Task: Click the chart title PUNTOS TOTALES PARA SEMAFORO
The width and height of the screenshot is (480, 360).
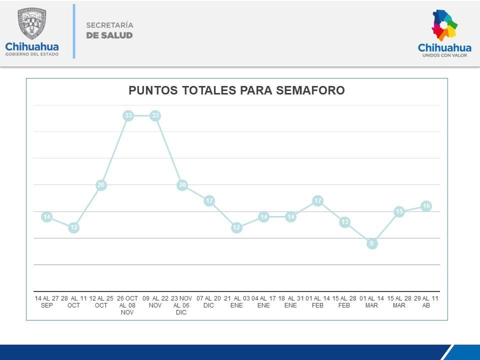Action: (236, 90)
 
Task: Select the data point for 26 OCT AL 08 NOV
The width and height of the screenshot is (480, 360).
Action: (128, 115)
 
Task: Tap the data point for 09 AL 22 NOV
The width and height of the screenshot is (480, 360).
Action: (155, 115)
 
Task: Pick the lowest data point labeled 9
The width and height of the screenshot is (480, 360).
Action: (371, 243)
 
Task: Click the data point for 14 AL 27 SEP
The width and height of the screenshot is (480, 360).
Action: (47, 217)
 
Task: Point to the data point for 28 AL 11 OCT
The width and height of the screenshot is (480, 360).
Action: (74, 227)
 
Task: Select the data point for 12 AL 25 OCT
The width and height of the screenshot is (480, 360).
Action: (101, 185)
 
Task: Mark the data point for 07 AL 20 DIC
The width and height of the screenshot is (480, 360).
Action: (209, 201)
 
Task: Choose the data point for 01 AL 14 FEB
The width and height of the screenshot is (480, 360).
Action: (317, 201)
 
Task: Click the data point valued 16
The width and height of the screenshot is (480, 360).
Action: (426, 206)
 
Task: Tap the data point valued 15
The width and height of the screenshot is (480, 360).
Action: (399, 211)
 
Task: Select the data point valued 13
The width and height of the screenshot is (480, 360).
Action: (344, 222)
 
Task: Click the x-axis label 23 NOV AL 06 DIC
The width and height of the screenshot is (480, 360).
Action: (181, 305)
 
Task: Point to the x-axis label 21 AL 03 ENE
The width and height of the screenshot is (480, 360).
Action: (236, 302)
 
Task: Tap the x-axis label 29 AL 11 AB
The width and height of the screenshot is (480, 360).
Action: (426, 302)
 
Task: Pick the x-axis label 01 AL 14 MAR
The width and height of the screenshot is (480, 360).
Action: (371, 302)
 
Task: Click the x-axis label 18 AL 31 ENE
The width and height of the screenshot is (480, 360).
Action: (290, 302)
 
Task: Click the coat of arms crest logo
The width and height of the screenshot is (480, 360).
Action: (31, 23)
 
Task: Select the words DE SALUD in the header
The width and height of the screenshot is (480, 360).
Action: (109, 35)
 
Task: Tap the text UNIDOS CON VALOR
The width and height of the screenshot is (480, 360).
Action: (444, 56)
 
